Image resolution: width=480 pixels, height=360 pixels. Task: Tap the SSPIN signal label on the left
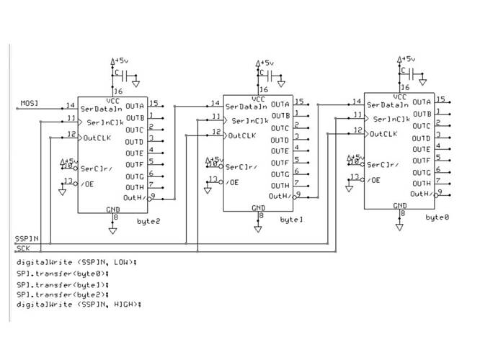[x=27, y=238]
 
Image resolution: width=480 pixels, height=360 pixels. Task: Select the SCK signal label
[x=23, y=248]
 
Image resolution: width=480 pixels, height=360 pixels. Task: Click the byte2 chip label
[x=148, y=221]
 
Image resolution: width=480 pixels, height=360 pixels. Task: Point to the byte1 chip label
[x=291, y=218]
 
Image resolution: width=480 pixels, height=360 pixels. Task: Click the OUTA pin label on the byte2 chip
[x=134, y=106]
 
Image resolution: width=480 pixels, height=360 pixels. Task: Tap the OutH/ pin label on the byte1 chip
[x=279, y=196]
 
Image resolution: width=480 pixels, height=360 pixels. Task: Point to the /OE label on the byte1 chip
[x=233, y=182]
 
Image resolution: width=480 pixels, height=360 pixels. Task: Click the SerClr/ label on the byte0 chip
[x=383, y=165]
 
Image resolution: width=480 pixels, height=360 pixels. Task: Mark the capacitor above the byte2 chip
[x=126, y=76]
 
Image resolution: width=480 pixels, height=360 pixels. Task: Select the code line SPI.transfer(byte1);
[x=62, y=284]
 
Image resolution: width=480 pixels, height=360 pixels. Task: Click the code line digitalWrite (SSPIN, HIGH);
[x=79, y=305]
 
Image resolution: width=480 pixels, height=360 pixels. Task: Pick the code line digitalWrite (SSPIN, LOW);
[x=76, y=262]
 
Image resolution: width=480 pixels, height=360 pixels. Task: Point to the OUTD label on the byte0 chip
[x=422, y=137]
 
